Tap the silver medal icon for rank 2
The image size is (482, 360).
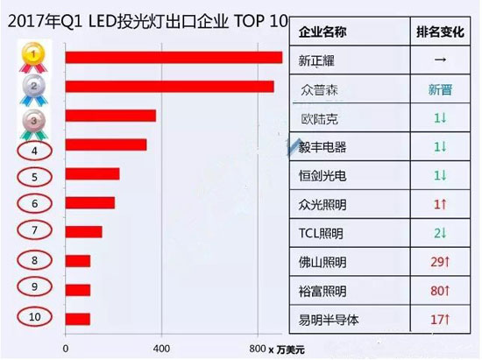point(33,88)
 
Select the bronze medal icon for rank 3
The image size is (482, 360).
point(33,119)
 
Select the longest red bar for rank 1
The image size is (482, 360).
point(174,58)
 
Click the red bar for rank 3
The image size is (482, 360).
point(110,116)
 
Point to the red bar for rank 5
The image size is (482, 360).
point(92,173)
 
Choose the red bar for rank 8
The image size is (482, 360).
point(78,261)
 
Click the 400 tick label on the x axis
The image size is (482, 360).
point(161,347)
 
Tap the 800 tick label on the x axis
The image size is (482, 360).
point(257,347)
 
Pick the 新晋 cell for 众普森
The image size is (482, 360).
point(440,89)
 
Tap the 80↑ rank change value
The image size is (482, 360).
point(440,289)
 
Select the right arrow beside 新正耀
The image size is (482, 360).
point(440,61)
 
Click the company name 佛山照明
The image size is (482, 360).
point(323,261)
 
